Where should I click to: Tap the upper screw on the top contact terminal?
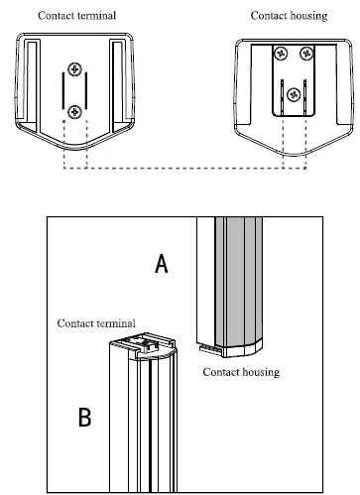coord(74,69)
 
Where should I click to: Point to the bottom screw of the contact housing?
coord(293,95)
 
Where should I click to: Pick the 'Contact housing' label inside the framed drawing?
coord(240,372)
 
